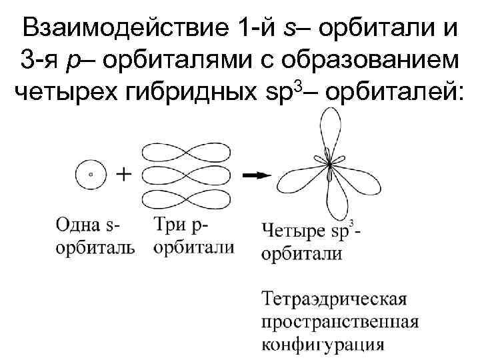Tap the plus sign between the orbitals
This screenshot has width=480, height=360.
pyautogui.click(x=123, y=174)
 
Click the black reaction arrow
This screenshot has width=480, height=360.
pyautogui.click(x=256, y=175)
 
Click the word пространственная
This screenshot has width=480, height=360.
pyautogui.click(x=339, y=321)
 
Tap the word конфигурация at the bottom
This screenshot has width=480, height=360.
pyautogui.click(x=323, y=345)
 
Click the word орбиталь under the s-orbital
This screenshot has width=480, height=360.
pyautogui.click(x=95, y=247)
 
